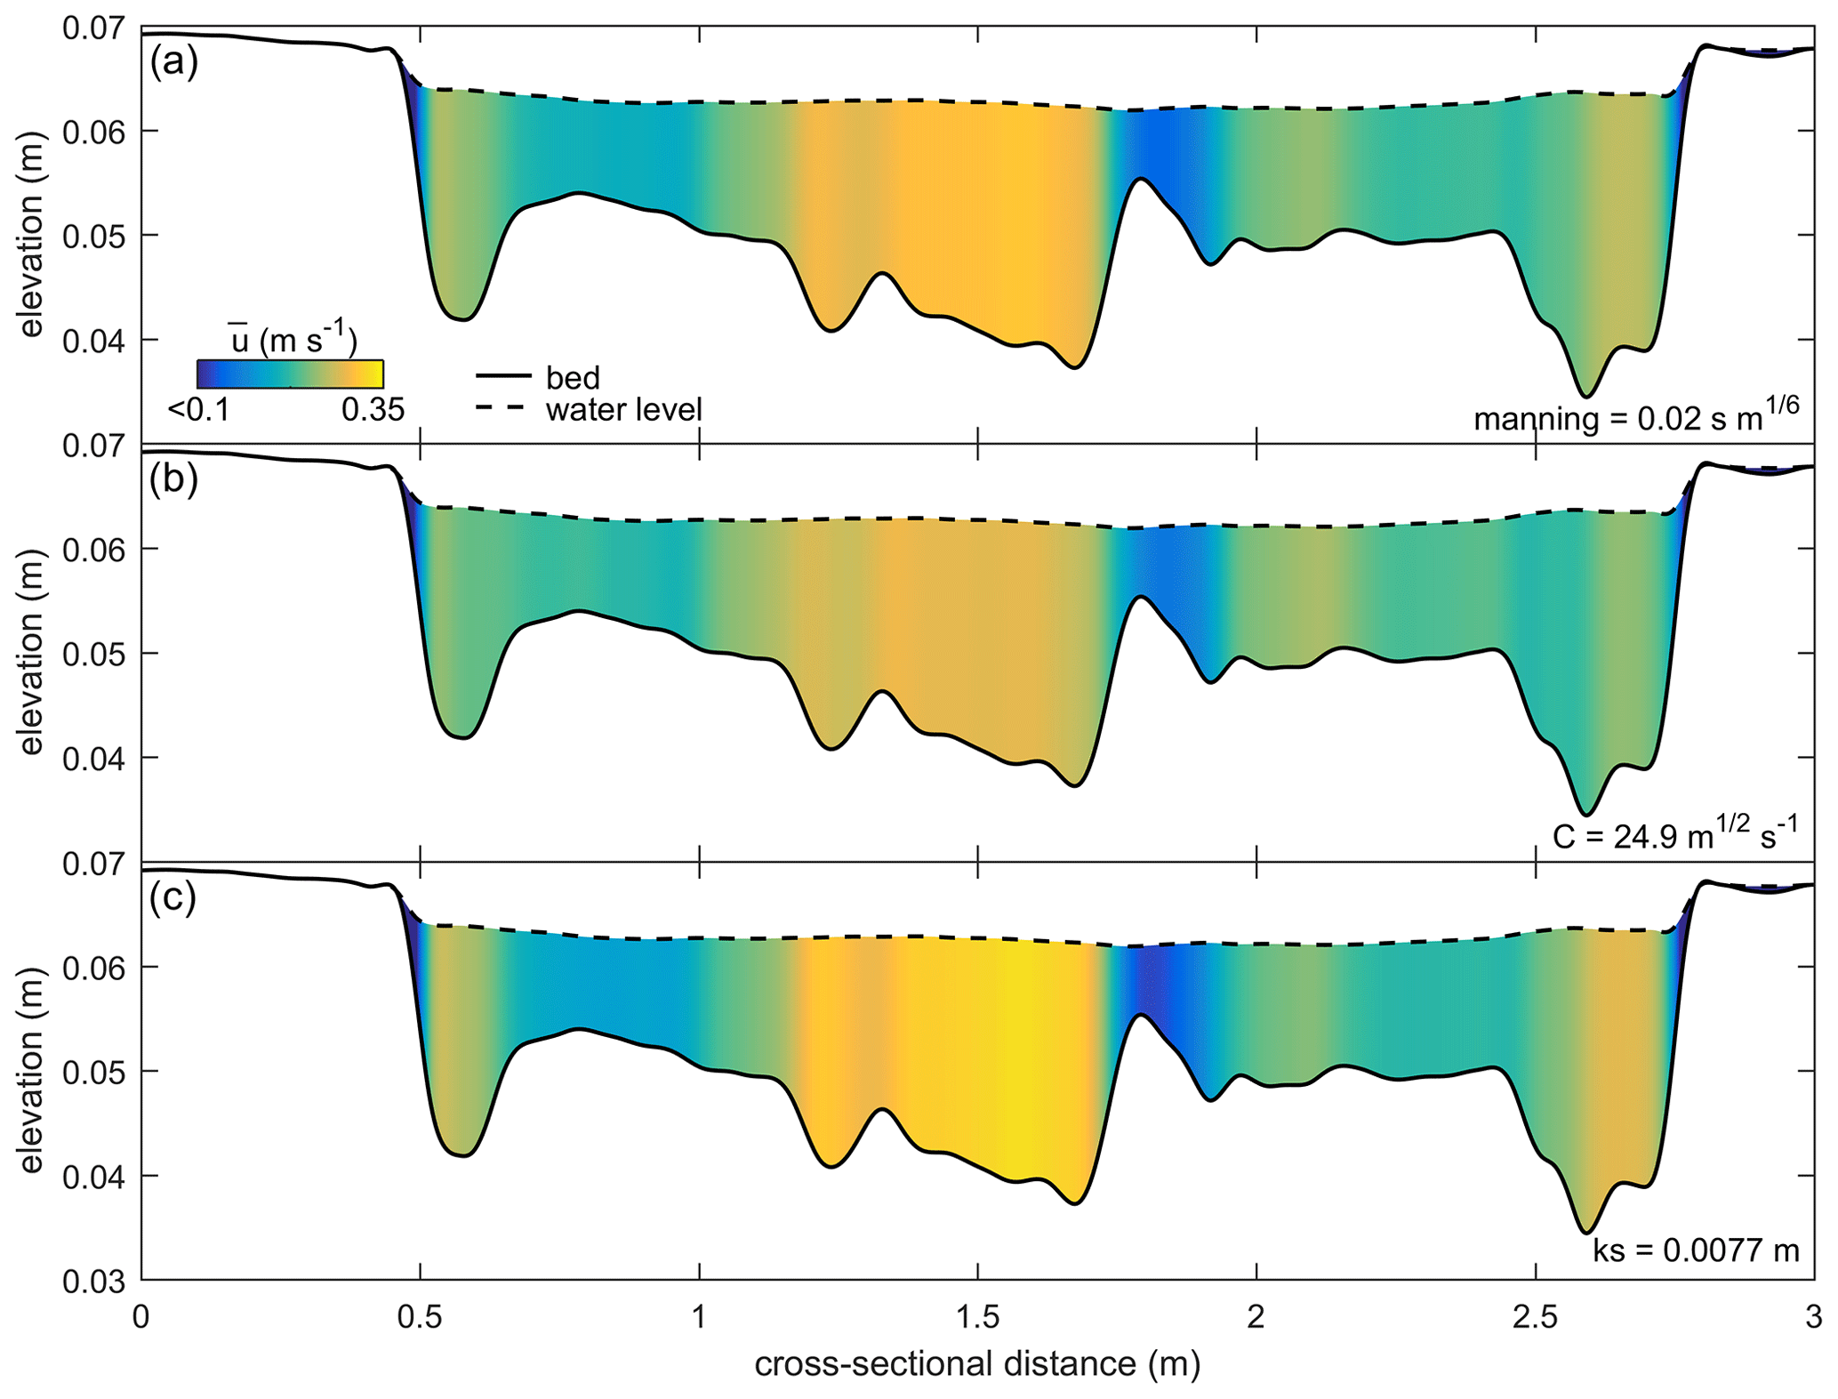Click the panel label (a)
click(173, 64)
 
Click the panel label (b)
click(173, 481)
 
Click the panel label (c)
click(173, 899)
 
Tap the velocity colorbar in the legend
click(290, 374)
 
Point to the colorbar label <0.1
click(198, 410)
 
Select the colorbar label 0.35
click(373, 410)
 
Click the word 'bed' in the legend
click(573, 378)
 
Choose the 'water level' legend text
click(623, 410)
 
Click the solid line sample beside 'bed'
click(503, 377)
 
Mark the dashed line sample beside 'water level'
click(503, 408)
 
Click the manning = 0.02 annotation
click(1635, 416)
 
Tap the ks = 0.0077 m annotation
click(1695, 1250)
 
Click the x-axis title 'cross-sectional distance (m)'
click(977, 1363)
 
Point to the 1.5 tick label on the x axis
click(978, 1316)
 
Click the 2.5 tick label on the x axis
click(1536, 1316)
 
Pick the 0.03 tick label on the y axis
click(92, 1281)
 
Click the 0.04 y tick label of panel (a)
click(92, 341)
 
